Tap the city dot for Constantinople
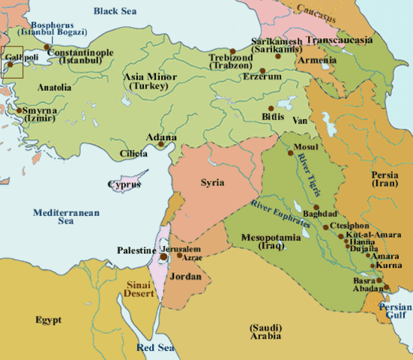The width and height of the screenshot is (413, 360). click(47, 47)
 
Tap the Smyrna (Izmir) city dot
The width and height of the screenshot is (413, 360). click(18, 110)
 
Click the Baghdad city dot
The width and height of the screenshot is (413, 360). click(316, 207)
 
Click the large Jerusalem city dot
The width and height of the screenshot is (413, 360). click(164, 256)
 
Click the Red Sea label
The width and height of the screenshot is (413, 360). click(155, 348)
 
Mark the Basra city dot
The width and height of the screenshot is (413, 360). click(379, 281)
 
